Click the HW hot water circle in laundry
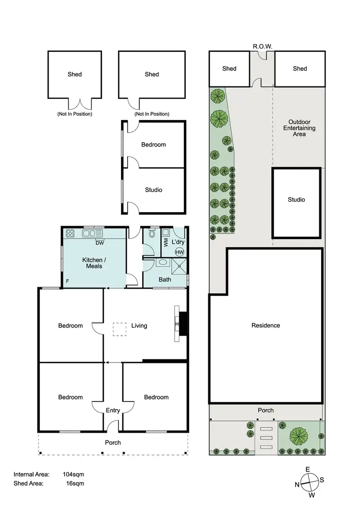point(180,252)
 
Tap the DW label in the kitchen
point(100,243)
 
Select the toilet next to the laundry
point(152,234)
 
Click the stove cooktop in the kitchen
point(70,234)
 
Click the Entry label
point(113,410)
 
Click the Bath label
point(165,279)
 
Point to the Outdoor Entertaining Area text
point(299,128)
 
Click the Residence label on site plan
point(265,326)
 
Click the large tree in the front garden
point(299,435)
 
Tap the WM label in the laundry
point(166,242)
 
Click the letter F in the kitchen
point(68,280)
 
